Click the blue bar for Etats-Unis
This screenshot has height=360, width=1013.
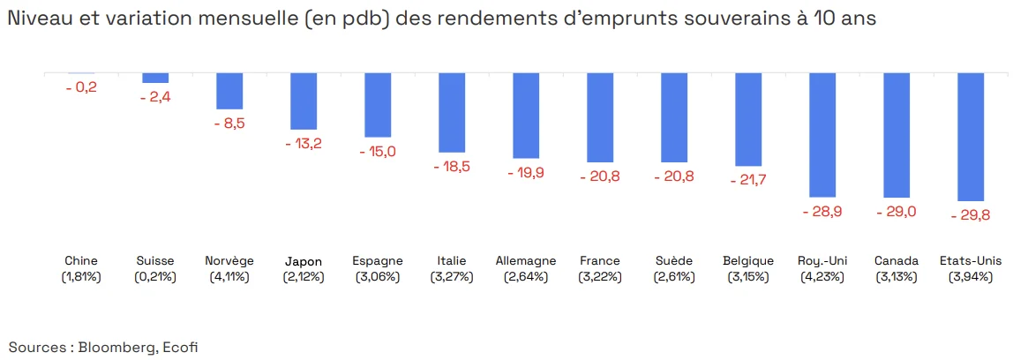pos(971,137)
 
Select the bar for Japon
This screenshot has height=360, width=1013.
pos(304,101)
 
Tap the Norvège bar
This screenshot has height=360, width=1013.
pos(229,90)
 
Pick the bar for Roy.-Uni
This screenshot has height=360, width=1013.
pos(822,134)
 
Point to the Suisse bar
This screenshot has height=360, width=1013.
pos(155,78)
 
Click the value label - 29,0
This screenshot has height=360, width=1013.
pos(897,213)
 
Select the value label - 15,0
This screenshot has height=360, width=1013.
pos(378,151)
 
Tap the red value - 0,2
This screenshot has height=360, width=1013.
pos(81,86)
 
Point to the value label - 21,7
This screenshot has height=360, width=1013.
pos(748,180)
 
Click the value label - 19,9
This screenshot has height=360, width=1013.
pos(526,172)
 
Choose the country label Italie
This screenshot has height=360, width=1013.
pos(452,261)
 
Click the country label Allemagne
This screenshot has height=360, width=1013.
pos(526,261)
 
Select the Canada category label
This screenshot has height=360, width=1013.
pos(897,261)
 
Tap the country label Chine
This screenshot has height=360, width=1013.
pos(81,261)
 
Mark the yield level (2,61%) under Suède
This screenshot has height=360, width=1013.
pos(674,277)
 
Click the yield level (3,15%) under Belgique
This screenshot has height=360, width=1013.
pos(748,277)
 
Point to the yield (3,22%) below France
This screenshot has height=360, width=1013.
pos(600,277)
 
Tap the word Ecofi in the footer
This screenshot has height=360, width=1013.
pos(181,347)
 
